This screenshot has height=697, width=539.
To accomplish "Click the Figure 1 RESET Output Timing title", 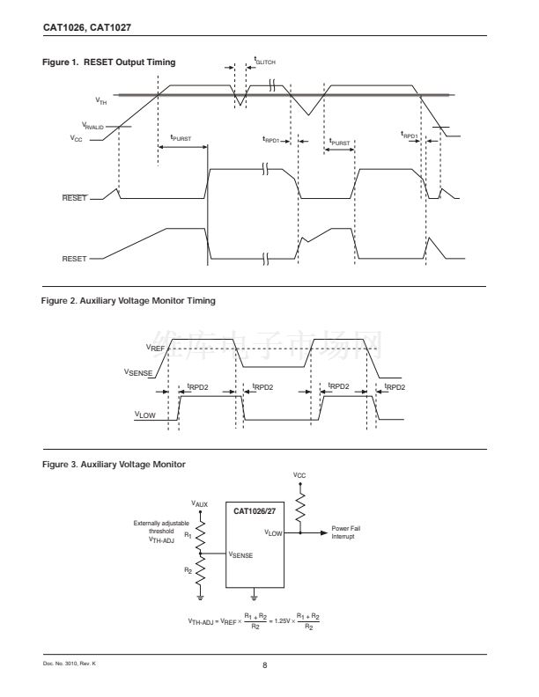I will click(108, 62).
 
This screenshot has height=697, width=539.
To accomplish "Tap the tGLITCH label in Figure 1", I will click(265, 61).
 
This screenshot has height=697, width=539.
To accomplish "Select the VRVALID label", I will click(92, 126).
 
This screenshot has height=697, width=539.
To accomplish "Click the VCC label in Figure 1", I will click(77, 138).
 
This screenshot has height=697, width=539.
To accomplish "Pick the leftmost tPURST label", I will click(180, 138).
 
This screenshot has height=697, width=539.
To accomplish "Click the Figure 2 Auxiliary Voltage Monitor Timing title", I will click(129, 301).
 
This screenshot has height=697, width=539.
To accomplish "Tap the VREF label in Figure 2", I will click(156, 348).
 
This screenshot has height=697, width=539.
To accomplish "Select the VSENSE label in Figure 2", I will click(140, 372).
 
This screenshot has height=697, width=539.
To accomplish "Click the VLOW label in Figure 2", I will click(145, 413).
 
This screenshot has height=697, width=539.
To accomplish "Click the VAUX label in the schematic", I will click(201, 504).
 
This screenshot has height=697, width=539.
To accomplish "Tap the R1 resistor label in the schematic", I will click(187, 534).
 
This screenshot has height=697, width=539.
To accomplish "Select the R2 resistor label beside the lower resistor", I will click(187, 570).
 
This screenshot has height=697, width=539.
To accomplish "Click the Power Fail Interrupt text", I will click(343, 532).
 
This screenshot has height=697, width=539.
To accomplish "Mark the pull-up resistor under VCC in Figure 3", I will click(301, 508).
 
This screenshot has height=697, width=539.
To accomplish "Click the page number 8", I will click(265, 664).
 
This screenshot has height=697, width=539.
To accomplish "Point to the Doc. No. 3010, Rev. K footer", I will click(69, 663).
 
